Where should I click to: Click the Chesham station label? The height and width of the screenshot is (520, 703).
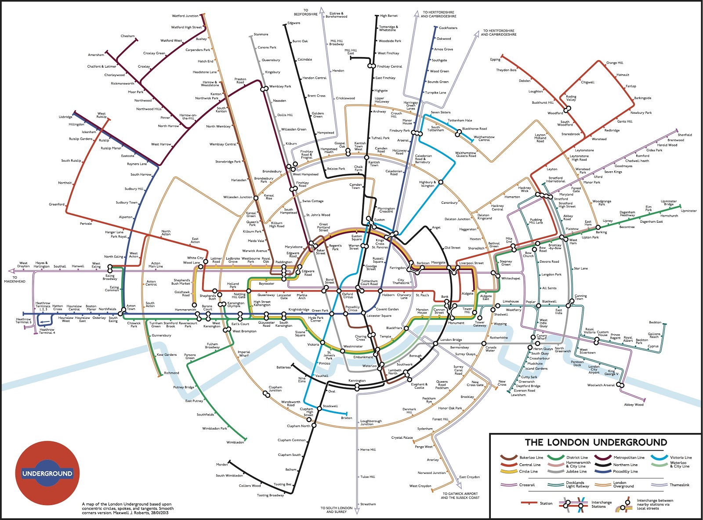tap(127, 36)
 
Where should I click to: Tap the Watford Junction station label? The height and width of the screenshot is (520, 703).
tap(185, 16)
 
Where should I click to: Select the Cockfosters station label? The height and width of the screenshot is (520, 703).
tap(448, 28)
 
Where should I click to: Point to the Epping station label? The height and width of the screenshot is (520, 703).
tap(495, 59)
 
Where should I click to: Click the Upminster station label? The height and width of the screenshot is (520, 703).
tap(689, 211)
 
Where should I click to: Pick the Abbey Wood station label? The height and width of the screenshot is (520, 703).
tap(634, 404)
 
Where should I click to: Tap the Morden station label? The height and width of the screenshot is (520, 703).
tap(222, 464)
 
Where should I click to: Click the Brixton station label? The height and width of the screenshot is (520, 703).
tap(346, 418)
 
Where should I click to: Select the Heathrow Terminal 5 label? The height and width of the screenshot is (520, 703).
tap(24, 321)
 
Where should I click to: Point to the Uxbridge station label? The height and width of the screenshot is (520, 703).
tap(65, 117)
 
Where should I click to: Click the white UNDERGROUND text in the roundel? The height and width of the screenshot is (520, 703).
tap(47, 473)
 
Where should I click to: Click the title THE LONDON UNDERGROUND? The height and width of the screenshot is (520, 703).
tap(595, 442)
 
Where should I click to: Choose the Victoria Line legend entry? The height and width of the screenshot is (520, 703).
tap(681, 457)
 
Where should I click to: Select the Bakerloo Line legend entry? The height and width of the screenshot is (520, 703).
tap(531, 457)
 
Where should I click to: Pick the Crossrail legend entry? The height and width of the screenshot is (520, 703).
tap(527, 485)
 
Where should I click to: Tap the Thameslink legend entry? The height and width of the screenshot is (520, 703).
tap(680, 485)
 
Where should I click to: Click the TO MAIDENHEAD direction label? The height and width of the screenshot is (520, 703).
tap(15, 279)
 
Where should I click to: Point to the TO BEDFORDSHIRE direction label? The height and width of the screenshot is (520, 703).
tap(305, 12)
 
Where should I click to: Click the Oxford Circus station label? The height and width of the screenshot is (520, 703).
tap(348, 296)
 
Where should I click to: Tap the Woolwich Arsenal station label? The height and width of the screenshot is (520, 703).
tap(601, 385)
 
